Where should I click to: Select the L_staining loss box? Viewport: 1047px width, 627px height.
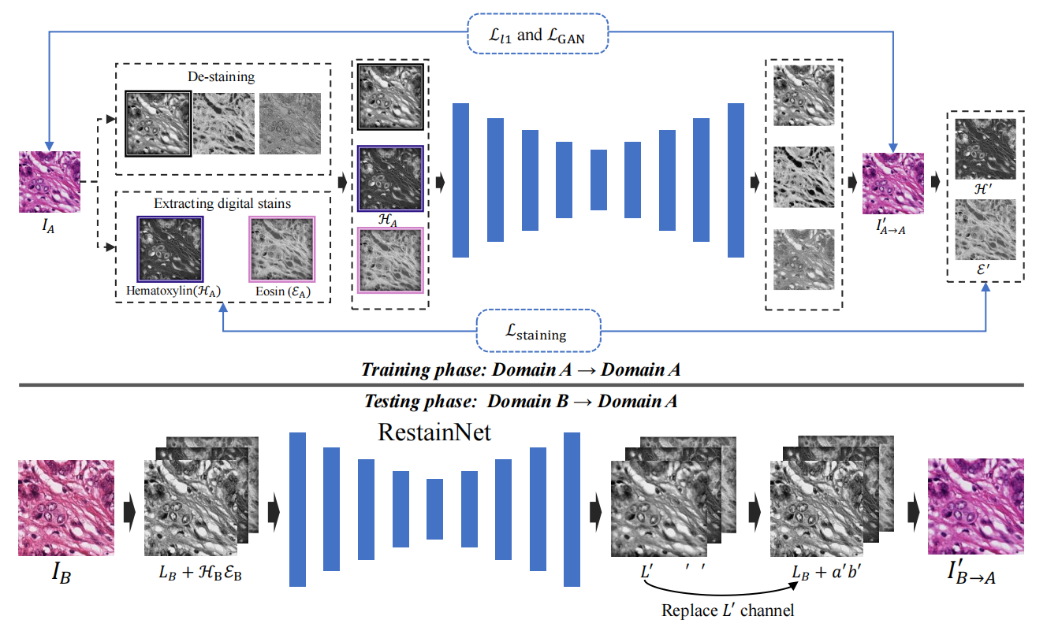539,331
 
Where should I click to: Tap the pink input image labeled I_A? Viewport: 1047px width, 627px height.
50,182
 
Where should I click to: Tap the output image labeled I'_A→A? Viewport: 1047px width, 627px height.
892,183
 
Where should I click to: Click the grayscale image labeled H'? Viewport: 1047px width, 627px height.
986,149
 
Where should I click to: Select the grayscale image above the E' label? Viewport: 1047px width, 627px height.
986,230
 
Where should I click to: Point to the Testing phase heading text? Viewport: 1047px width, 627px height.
521,401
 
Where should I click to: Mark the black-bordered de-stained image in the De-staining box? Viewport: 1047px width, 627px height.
158,124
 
